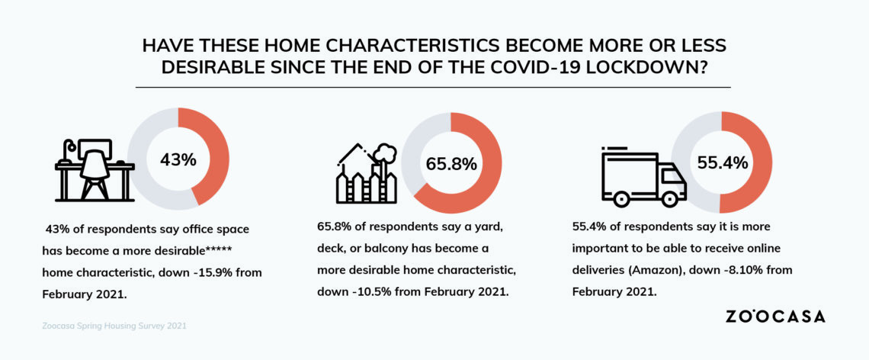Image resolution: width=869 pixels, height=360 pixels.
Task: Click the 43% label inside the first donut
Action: pyautogui.click(x=178, y=159)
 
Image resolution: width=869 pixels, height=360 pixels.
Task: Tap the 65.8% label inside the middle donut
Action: pyautogui.click(x=451, y=164)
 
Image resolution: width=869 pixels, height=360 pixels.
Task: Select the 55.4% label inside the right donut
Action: pyautogui.click(x=722, y=163)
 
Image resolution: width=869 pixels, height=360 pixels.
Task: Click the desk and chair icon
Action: pyautogui.click(x=95, y=169)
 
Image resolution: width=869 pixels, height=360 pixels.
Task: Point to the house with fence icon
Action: pyautogui.click(x=367, y=173)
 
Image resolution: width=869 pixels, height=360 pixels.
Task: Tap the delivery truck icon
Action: pyautogui.click(x=644, y=176)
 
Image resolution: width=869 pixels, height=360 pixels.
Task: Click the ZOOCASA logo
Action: pyautogui.click(x=774, y=317)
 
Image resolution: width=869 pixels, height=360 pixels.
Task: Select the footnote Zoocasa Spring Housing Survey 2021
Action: pyautogui.click(x=114, y=326)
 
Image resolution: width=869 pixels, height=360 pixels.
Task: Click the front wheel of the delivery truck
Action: pyautogui.click(x=670, y=198)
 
